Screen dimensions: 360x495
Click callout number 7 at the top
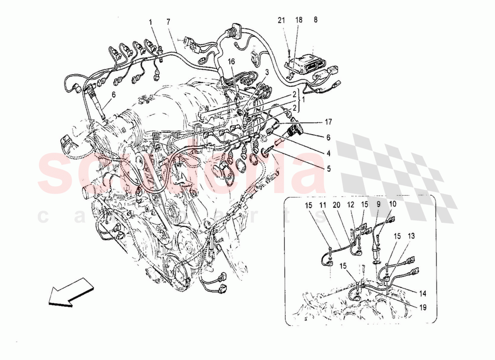(168, 22)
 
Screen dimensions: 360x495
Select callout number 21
(281, 20)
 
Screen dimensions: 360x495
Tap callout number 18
(299, 20)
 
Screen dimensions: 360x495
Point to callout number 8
(315, 20)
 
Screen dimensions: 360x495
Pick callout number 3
(267, 72)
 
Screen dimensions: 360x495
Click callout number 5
(329, 169)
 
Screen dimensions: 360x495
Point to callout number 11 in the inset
(323, 205)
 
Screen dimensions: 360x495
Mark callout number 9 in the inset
(378, 204)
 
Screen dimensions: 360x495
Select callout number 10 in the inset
(392, 204)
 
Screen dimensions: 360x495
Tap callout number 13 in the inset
(412, 236)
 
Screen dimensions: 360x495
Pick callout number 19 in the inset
(423, 308)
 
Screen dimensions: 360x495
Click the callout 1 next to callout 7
(151, 22)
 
